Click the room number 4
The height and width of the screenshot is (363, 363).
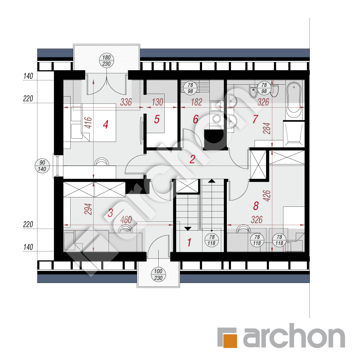[x=106, y=125]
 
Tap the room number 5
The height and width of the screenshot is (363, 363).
[x=157, y=120]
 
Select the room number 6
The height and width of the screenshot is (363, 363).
[x=196, y=119]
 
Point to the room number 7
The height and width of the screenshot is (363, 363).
[x=255, y=119]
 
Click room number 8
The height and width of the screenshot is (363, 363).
[x=256, y=206]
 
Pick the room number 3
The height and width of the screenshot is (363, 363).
[x=110, y=213]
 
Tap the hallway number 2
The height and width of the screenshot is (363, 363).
[x=192, y=159]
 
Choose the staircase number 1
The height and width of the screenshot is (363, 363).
[x=189, y=242]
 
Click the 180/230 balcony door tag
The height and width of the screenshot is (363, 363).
[x=106, y=60]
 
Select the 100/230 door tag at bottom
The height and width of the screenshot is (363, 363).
[x=158, y=274]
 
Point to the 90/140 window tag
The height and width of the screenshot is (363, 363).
[x=42, y=166]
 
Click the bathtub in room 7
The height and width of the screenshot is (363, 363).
[x=294, y=100]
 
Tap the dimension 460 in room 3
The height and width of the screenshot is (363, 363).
[x=126, y=220]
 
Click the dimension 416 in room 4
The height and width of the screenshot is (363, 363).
[x=88, y=123]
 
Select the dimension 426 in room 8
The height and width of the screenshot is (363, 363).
[x=267, y=196]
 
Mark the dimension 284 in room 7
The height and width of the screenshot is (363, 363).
[x=267, y=128]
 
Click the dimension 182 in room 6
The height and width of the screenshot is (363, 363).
[x=197, y=102]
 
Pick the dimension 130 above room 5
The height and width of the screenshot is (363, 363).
[x=157, y=102]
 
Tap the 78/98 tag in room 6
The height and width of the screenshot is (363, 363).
[x=190, y=88]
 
